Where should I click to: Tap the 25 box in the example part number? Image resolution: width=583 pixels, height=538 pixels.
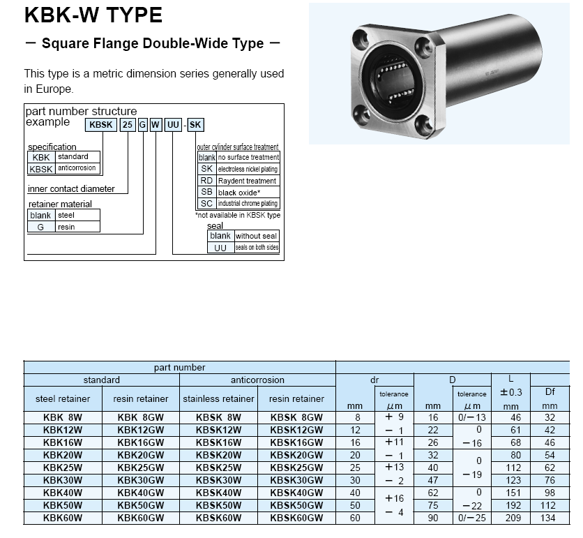pyautogui.click(x=128, y=125)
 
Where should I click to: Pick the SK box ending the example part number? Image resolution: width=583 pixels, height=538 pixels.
pyautogui.click(x=196, y=125)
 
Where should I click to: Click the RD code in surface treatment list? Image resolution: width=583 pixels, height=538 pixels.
pyautogui.click(x=206, y=180)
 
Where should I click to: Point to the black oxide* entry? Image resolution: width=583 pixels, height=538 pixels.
pyautogui.click(x=239, y=192)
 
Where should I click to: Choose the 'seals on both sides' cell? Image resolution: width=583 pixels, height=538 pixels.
pyautogui.click(x=256, y=247)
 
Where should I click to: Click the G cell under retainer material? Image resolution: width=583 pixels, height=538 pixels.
pyautogui.click(x=40, y=227)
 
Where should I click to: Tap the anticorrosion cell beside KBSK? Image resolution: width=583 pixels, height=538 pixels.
pyautogui.click(x=77, y=168)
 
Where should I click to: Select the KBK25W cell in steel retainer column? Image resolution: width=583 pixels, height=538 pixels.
pyautogui.click(x=62, y=467)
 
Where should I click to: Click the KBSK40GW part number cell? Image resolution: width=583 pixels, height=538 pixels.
pyautogui.click(x=296, y=492)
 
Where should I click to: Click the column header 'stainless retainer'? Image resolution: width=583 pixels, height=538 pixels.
pyautogui.click(x=218, y=398)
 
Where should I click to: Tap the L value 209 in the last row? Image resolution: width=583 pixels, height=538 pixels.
pyautogui.click(x=515, y=517)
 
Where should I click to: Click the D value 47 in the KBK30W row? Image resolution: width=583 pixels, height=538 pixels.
pyautogui.click(x=433, y=479)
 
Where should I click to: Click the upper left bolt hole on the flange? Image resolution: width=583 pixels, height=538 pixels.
pyautogui.click(x=363, y=36)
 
